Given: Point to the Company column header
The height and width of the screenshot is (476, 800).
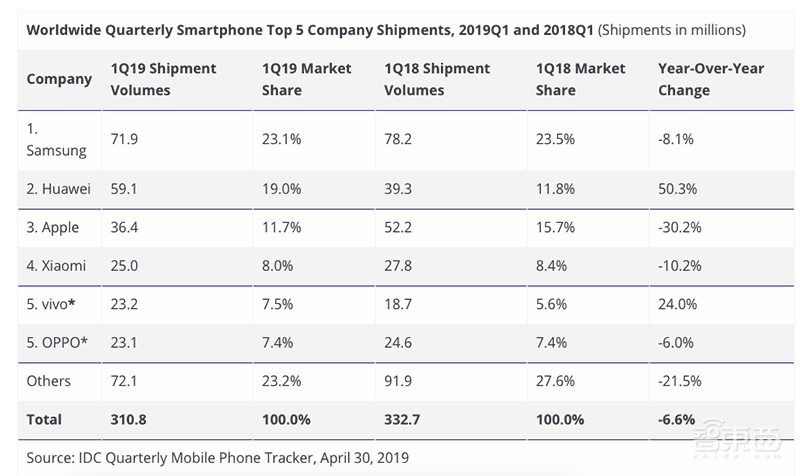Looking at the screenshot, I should click(x=59, y=79).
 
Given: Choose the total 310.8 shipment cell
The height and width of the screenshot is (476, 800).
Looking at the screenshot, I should click(x=130, y=419).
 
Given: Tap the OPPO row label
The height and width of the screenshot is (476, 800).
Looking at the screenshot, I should click(x=58, y=342).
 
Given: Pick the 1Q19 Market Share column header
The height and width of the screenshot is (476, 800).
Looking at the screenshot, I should click(x=308, y=79).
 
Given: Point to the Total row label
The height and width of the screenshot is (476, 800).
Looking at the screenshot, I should click(x=45, y=419).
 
